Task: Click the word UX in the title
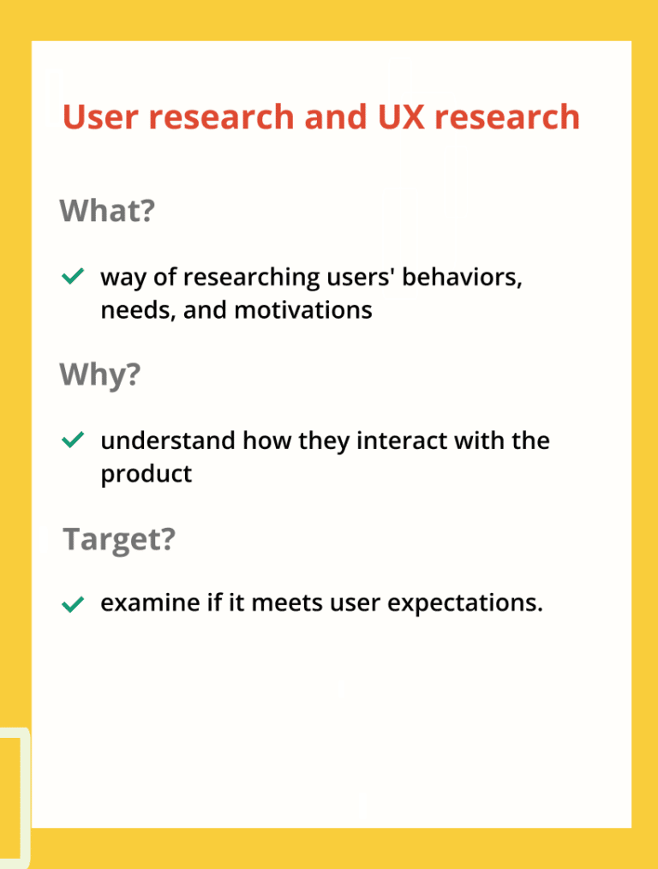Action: [x=399, y=117]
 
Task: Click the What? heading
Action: [x=107, y=210]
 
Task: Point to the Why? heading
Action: [x=99, y=374]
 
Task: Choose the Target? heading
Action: [x=119, y=539]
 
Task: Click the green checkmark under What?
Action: [x=73, y=277]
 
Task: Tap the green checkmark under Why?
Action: [x=73, y=440]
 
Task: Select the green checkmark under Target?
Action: [x=73, y=604]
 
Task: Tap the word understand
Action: [x=168, y=441]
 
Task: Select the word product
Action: [x=147, y=474]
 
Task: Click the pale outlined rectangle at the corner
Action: [x=15, y=797]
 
